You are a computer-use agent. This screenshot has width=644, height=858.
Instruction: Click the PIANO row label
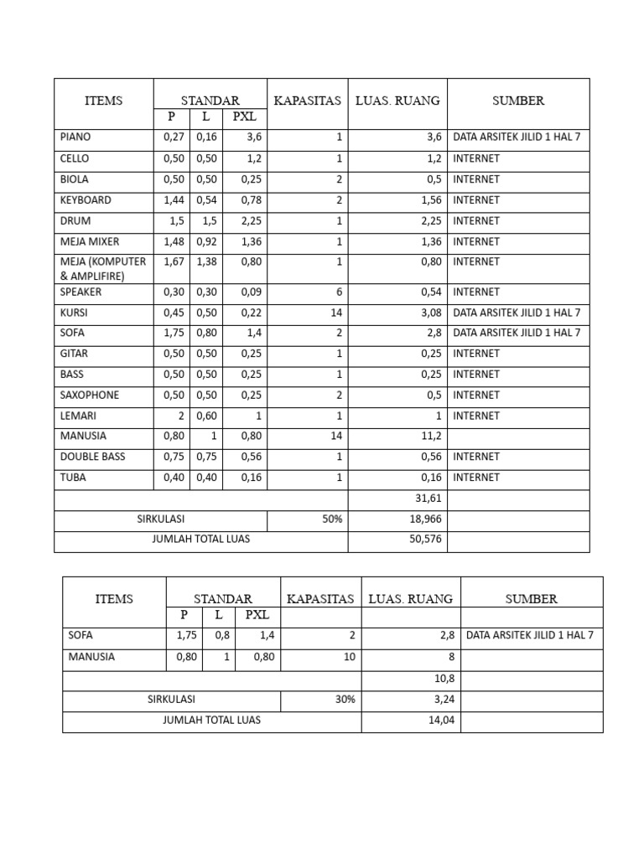click(x=75, y=137)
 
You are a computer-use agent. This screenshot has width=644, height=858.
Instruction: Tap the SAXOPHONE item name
click(x=90, y=395)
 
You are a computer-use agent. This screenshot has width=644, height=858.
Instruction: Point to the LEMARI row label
click(x=78, y=416)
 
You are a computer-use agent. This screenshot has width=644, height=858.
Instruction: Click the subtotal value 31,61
click(x=428, y=499)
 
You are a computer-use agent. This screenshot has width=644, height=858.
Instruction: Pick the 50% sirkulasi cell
click(x=333, y=519)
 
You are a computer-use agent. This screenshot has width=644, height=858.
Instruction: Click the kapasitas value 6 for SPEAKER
click(x=339, y=292)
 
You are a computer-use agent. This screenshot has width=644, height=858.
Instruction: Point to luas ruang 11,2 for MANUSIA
click(x=430, y=436)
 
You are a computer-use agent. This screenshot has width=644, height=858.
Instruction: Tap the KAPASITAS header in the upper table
click(x=308, y=101)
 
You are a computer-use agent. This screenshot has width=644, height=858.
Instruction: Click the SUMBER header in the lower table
click(x=532, y=599)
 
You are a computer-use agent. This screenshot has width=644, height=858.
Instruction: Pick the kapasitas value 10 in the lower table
click(x=350, y=658)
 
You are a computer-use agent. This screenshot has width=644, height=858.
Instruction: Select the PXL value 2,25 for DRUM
click(x=252, y=221)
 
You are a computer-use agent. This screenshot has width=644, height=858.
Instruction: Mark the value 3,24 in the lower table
click(x=442, y=699)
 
